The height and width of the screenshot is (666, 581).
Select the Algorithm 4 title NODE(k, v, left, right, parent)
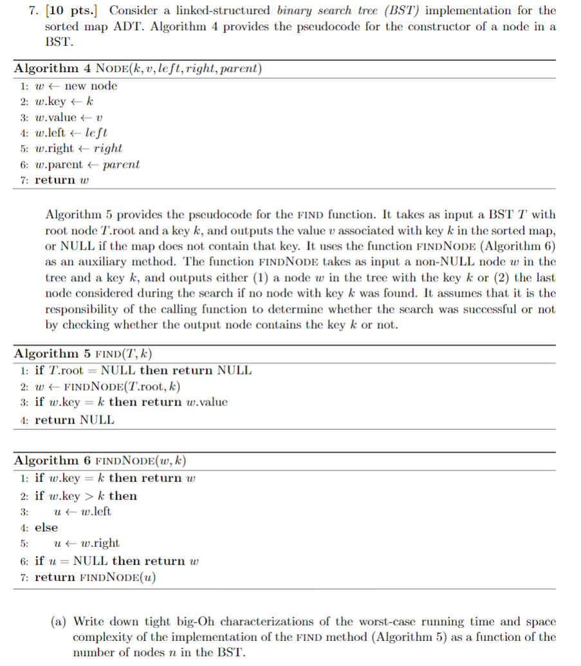pos(179,69)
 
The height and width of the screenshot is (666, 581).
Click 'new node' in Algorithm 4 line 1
pos(91,86)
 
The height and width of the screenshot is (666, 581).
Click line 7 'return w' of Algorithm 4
pos(61,180)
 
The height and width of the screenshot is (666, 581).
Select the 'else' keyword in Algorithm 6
pos(46,528)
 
